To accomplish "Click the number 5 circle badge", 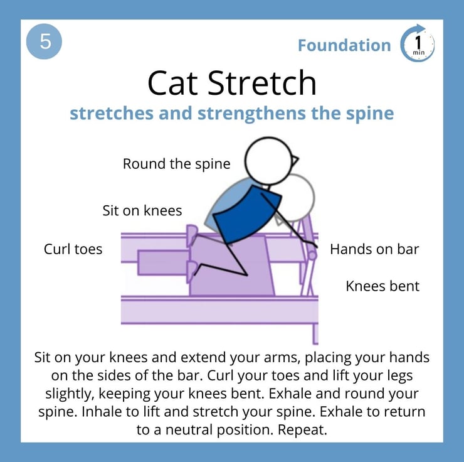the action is pyautogui.click(x=44, y=41).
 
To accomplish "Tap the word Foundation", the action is pyautogui.click(x=344, y=45).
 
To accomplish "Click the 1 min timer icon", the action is pyautogui.click(x=417, y=43).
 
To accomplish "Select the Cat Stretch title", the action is pyautogui.click(x=232, y=83).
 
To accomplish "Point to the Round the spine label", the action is pyautogui.click(x=176, y=164).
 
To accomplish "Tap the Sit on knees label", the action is pyautogui.click(x=142, y=210).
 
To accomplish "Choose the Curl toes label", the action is pyautogui.click(x=73, y=249).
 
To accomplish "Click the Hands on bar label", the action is pyautogui.click(x=374, y=249).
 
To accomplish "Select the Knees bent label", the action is pyautogui.click(x=382, y=286).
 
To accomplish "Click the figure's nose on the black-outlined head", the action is pyautogui.click(x=295, y=161).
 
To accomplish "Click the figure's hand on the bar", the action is pyautogui.click(x=315, y=245).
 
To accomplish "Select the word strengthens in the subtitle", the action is pyautogui.click(x=252, y=114).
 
